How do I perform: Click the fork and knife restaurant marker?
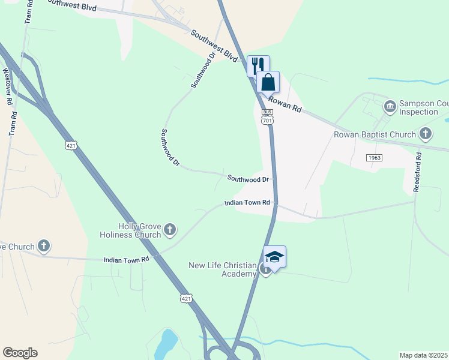tap(258, 65)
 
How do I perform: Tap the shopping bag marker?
tap(268, 81)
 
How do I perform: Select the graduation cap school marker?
tap(274, 257)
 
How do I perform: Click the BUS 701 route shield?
tap(268, 117)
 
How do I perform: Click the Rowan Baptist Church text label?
tap(375, 134)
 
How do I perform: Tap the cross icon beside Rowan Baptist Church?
tap(426, 133)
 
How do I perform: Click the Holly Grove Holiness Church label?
tap(139, 230)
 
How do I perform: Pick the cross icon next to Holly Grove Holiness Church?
tap(170, 229)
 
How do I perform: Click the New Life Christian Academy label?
tap(222, 269)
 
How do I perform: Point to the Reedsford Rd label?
tap(417, 172)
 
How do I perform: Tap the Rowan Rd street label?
tap(285, 105)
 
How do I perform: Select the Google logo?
tap(20, 353)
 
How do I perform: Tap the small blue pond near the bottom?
tap(166, 343)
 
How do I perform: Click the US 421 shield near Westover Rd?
tap(71, 145)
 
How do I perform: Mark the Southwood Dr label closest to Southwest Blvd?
tap(202, 71)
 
